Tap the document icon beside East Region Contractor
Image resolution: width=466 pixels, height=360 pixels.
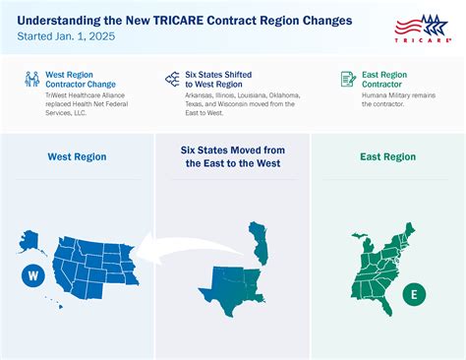click(x=347, y=79)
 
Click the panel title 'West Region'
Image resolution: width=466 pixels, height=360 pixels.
click(x=77, y=155)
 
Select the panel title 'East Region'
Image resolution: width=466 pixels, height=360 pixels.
click(x=387, y=155)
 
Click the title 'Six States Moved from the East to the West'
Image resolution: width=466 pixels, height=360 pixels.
click(x=233, y=155)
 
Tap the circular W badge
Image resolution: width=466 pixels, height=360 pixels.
click(x=33, y=276)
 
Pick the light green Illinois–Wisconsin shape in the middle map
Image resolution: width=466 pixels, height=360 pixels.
click(x=257, y=241)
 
